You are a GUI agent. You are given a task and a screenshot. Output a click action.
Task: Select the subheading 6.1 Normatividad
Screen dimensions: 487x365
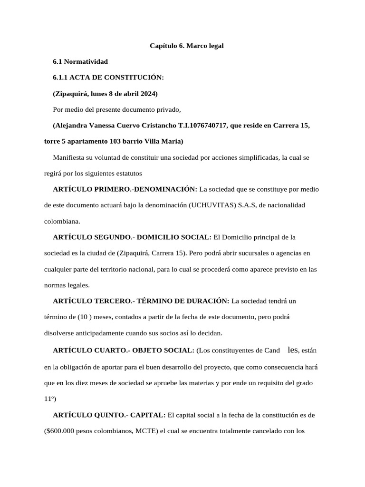click(x=80, y=62)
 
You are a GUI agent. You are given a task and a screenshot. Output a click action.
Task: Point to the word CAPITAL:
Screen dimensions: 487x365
click(x=148, y=415)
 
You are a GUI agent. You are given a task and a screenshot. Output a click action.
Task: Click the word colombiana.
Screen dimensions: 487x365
click(x=62, y=221)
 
